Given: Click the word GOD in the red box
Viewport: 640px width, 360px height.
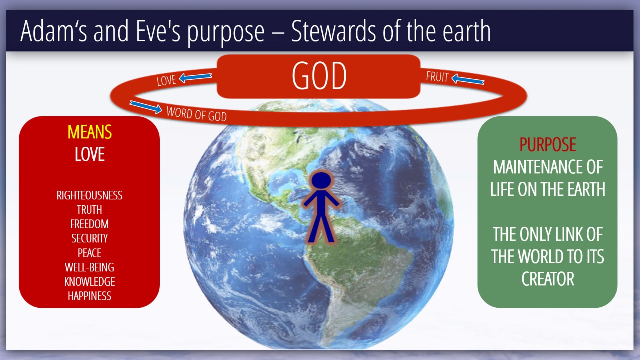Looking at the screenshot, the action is click(x=319, y=76).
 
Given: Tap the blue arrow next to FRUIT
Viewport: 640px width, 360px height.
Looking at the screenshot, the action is click(x=468, y=79).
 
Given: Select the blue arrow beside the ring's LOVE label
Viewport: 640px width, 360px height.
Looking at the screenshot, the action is click(x=195, y=77).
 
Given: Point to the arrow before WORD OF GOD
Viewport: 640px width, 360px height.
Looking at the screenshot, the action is click(x=146, y=107).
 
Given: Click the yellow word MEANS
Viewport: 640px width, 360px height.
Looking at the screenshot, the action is click(x=89, y=132).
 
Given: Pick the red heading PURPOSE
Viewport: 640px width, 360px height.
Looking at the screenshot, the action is click(x=547, y=144).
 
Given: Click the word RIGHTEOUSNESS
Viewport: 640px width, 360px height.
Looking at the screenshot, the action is click(x=89, y=195).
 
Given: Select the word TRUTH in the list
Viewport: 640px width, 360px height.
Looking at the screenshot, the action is click(x=89, y=210).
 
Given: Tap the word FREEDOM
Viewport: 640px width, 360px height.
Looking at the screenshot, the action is click(x=89, y=224).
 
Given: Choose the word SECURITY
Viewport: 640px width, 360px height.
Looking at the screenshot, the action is click(x=89, y=238).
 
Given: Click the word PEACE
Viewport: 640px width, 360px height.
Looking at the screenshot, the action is click(x=89, y=253).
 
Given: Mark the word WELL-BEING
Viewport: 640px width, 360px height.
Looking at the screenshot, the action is click(x=89, y=267).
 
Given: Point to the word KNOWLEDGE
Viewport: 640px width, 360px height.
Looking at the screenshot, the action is click(x=89, y=281).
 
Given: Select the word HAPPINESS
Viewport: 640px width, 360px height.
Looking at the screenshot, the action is click(x=89, y=296).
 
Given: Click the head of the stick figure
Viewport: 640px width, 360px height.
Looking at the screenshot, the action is click(x=321, y=180).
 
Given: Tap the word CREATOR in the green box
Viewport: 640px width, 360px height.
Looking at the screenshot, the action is click(x=548, y=279).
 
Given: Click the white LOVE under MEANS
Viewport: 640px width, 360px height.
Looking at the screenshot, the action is click(x=89, y=154).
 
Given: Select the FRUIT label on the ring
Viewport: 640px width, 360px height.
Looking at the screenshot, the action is click(x=437, y=77).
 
